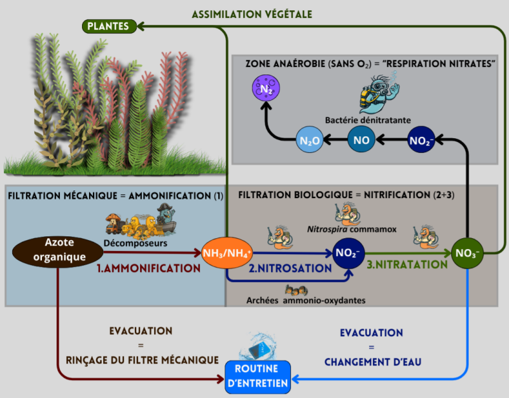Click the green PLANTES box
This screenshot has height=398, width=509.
109,26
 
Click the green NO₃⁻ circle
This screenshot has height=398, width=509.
468,253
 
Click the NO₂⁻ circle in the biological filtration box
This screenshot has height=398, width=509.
349,253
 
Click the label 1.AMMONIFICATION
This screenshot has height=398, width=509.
148,269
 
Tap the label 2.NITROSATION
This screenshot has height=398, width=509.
290,269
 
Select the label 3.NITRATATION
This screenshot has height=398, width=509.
407,264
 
